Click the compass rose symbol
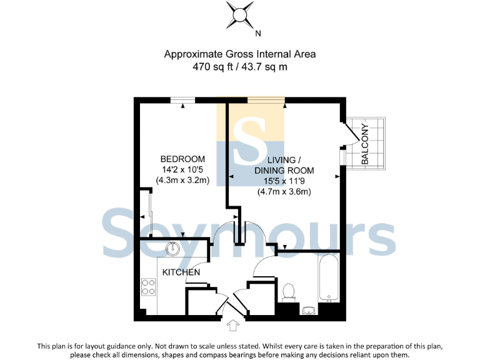tap(240, 15)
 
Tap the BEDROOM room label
tap(182, 159)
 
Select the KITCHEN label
tap(181, 272)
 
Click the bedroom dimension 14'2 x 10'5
tap(182, 169)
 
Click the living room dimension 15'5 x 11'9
tap(284, 181)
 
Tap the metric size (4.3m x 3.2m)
tap(182, 180)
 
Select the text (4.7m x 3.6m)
tap(284, 192)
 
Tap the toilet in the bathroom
tap(289, 291)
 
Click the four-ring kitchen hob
tap(149, 286)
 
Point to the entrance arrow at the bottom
tap(232, 326)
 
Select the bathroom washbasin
tap(309, 310)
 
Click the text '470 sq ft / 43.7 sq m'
tap(240, 67)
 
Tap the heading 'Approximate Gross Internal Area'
tap(240, 54)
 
